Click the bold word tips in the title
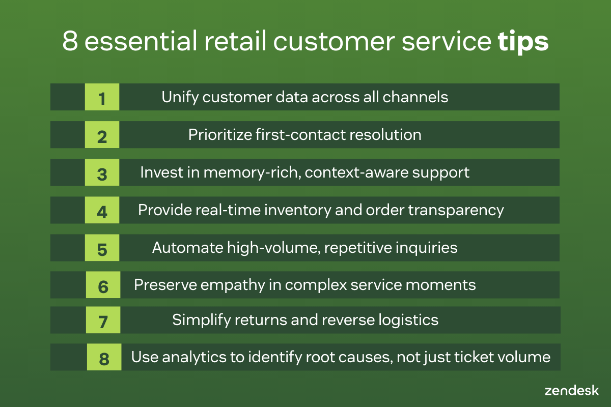coord(523,42)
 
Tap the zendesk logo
coord(572,391)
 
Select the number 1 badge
coord(102,97)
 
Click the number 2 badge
coord(102,135)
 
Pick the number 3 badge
coord(102,172)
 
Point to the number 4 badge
coord(102,210)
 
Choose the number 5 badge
coord(102,248)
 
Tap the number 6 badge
coord(103,285)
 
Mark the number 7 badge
coord(103,320)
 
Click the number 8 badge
coord(104,357)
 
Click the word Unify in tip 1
coord(180,97)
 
